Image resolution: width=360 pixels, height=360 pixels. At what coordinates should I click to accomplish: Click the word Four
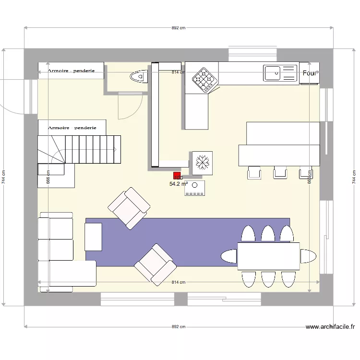point(310,73)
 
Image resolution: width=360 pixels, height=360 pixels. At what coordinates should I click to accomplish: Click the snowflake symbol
point(202,162)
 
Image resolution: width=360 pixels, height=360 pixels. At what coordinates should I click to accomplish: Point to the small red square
point(177,176)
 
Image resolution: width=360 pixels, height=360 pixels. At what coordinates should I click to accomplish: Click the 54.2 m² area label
point(179,183)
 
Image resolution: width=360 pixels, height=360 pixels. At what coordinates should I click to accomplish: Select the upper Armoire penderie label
point(71,71)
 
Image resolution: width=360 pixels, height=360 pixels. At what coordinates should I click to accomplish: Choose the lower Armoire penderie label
point(72,128)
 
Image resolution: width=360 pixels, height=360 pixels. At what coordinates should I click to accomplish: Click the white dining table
point(268,256)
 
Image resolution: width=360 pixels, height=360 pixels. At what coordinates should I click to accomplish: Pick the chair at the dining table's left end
point(229,256)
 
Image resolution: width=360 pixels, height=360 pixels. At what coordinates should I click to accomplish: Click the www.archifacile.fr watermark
point(330,327)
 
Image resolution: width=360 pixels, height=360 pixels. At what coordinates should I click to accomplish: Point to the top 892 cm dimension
point(178,28)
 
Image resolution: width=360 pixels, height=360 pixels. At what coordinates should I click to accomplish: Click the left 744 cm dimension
point(4,178)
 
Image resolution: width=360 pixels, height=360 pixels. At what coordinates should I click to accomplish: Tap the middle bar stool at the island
point(280,172)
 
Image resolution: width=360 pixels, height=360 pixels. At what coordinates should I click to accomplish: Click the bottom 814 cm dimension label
point(178,282)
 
